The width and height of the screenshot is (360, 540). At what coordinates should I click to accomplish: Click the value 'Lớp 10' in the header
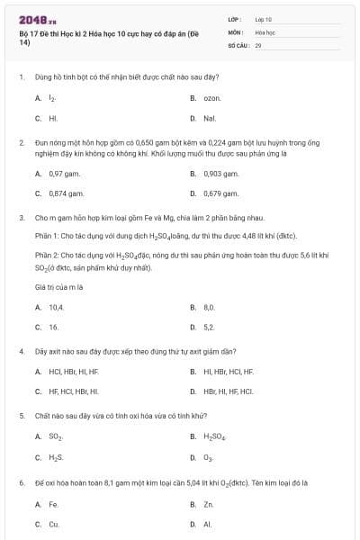click(x=263, y=18)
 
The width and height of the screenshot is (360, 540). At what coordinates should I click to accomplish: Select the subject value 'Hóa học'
click(x=264, y=31)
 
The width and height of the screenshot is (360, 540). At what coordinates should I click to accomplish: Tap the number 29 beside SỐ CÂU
click(x=257, y=44)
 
